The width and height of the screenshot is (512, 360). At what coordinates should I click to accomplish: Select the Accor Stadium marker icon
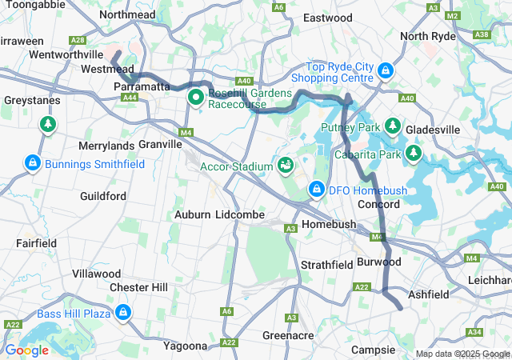(286, 166)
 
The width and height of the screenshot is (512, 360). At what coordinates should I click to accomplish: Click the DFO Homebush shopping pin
(317, 190)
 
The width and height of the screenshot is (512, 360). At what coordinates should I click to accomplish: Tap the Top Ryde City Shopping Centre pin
(386, 71)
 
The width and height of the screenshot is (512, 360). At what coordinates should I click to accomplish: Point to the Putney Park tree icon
(393, 126)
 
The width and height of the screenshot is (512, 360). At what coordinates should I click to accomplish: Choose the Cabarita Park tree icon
(414, 152)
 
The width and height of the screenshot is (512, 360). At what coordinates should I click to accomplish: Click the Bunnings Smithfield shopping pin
(32, 163)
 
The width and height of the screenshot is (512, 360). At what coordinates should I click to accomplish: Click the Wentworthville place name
(66, 54)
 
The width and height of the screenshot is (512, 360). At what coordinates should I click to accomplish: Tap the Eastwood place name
(328, 18)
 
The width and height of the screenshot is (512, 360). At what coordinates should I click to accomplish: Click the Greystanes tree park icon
(48, 124)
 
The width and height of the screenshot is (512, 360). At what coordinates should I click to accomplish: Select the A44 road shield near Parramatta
(129, 98)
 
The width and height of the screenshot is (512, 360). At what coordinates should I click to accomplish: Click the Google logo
(26, 350)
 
